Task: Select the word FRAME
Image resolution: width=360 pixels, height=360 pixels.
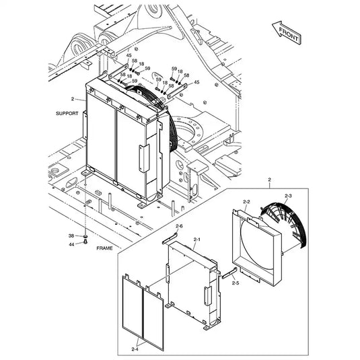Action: tap(105, 248)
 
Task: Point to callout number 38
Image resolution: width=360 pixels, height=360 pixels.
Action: tap(71, 236)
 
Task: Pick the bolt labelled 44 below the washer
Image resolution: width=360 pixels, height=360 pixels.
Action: tap(85, 243)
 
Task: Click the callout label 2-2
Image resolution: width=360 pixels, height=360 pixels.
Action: tap(246, 202)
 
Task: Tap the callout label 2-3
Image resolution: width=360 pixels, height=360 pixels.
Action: tap(288, 196)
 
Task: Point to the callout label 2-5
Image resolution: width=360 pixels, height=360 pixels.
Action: tap(236, 284)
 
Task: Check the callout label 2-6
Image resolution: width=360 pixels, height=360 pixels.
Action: tap(180, 225)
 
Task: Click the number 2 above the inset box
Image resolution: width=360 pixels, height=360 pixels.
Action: tap(269, 180)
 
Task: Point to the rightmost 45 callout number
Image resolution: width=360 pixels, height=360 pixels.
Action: tap(197, 82)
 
